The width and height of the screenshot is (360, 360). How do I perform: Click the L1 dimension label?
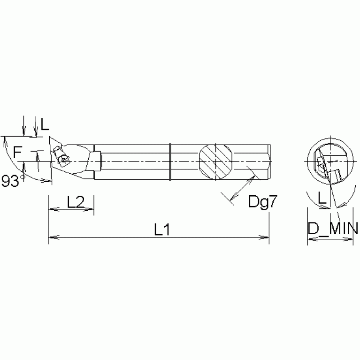pos(162,230)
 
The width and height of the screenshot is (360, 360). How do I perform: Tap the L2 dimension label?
pos(76,202)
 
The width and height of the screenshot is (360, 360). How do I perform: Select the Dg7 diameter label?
pos(260,202)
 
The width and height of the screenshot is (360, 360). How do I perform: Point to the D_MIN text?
pos(333,230)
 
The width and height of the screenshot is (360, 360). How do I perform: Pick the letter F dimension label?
pos(17,152)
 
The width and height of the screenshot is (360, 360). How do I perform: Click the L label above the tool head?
pos(45,124)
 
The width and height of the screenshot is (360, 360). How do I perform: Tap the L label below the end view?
pos(322,199)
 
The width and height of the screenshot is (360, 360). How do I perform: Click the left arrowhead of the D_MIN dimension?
pos(310,238)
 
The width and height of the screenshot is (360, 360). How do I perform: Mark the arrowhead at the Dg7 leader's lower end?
pos(232,201)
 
